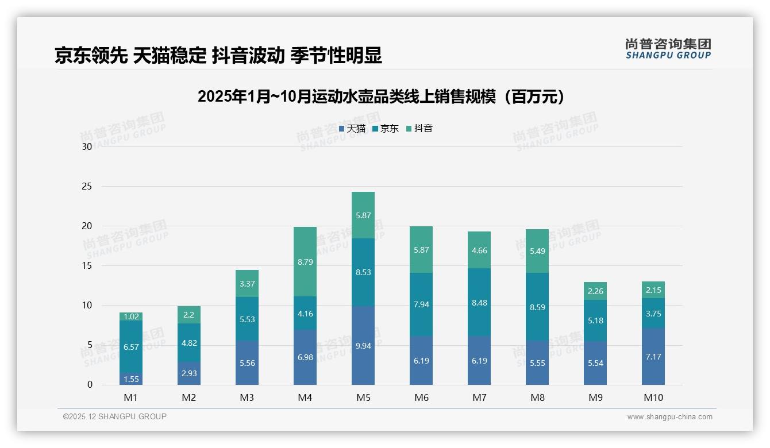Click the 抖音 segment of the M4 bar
305,261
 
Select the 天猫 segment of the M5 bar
363,345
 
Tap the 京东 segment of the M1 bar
131,346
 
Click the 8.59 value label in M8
537,307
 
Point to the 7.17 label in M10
653,357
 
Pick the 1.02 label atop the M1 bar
131,316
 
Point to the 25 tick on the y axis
87,186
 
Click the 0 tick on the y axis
90,385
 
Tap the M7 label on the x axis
479,397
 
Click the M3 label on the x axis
247,397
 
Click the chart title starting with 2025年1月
381,96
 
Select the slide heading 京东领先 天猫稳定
218,56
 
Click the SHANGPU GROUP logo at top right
668,49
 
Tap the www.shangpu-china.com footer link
669,417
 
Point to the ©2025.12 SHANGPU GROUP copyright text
115,417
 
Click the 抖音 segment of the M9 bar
595,291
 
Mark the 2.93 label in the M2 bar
189,373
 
